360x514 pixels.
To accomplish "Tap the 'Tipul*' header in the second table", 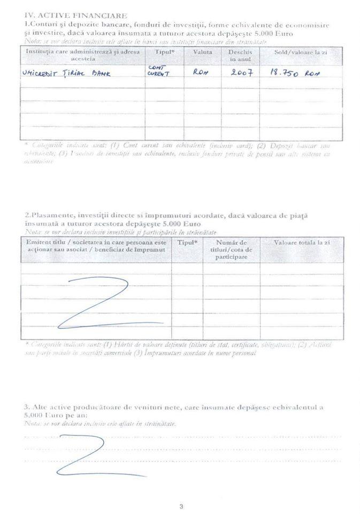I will coord(187,243).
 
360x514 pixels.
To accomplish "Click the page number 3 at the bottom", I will coord(181,506).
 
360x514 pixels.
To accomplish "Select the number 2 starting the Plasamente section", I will coord(26,215).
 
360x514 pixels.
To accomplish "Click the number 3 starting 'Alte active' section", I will coord(26,407).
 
